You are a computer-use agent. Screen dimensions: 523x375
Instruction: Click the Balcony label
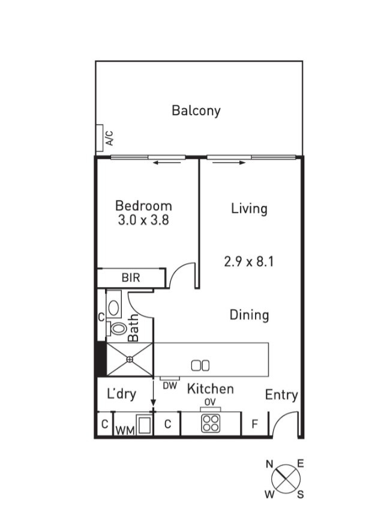pyautogui.click(x=196, y=110)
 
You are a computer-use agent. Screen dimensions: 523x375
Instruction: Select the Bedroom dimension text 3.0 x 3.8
pyautogui.click(x=143, y=220)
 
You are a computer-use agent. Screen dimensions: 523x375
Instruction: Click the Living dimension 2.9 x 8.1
pyautogui.click(x=249, y=262)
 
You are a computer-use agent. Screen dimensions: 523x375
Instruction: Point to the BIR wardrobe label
pyautogui.click(x=131, y=278)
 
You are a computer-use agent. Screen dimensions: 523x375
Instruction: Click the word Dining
pyautogui.click(x=249, y=315)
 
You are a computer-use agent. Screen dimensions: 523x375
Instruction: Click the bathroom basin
pyautogui.click(x=114, y=304)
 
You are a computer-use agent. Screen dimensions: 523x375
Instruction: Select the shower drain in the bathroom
pyautogui.click(x=130, y=359)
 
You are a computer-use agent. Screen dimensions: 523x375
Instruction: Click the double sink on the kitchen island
pyautogui.click(x=200, y=364)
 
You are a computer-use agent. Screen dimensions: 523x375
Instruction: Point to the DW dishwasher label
pyautogui.click(x=170, y=386)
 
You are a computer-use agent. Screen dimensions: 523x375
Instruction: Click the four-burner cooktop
pyautogui.click(x=210, y=423)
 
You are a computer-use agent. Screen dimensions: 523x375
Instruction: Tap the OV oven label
pyautogui.click(x=210, y=402)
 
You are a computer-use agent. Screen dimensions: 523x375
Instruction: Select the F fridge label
pyautogui.click(x=254, y=425)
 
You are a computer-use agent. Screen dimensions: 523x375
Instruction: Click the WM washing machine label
pyautogui.click(x=124, y=430)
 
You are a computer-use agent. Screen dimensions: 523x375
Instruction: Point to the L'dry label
pyautogui.click(x=121, y=395)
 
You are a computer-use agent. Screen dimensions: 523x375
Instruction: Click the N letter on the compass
pyautogui.click(x=270, y=464)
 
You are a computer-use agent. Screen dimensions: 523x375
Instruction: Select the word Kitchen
pyautogui.click(x=210, y=389)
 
